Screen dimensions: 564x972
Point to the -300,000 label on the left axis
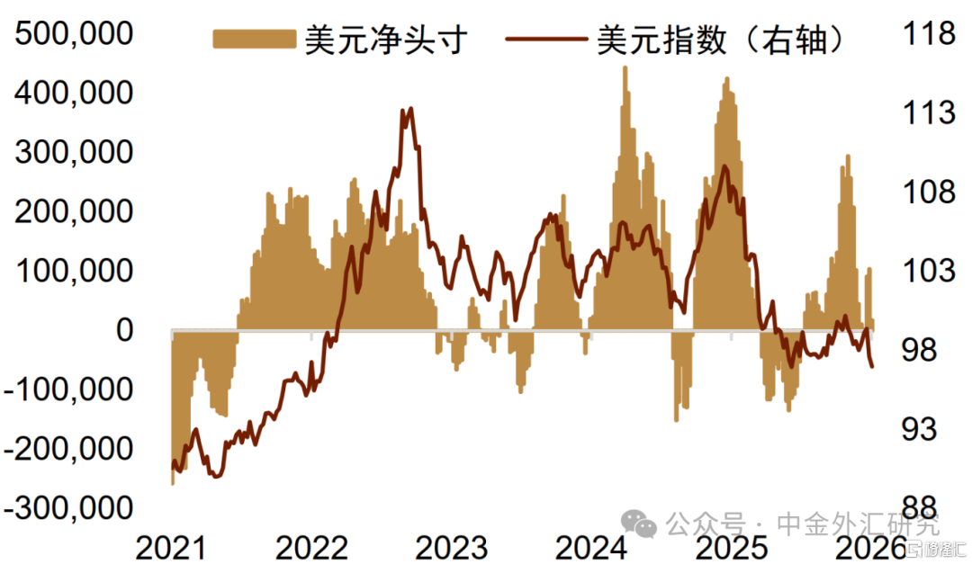point(68,508)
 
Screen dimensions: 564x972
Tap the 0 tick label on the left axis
point(123,330)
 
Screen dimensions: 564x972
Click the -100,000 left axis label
point(68,389)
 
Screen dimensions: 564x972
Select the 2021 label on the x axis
point(171,547)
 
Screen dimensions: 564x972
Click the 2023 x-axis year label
point(452,547)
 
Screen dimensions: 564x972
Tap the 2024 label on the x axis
point(592,547)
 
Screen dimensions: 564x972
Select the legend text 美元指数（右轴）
point(720,39)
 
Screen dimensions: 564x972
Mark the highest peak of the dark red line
point(410,110)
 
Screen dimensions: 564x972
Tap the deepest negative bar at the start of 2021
point(173,481)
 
